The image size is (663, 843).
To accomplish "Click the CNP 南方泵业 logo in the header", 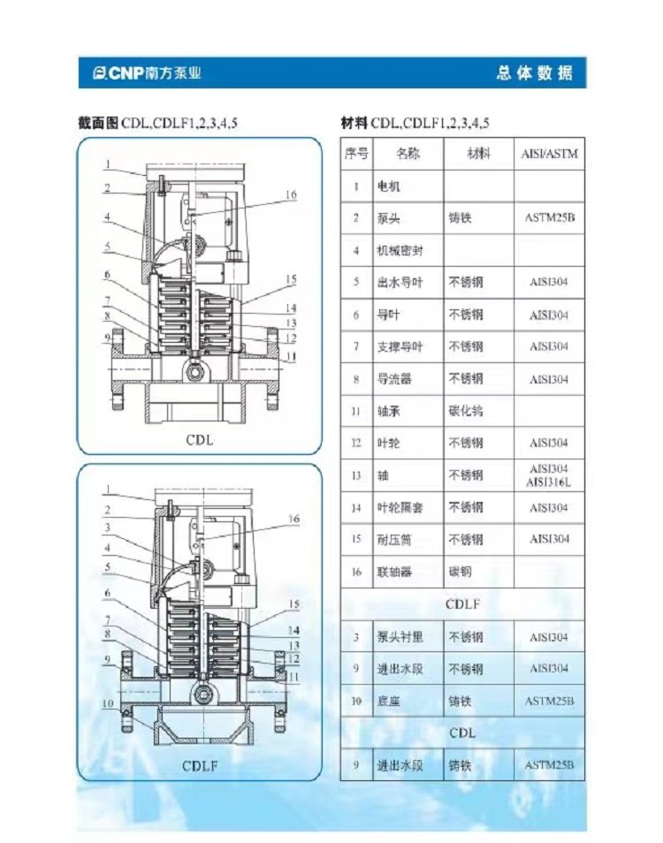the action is click(x=146, y=72).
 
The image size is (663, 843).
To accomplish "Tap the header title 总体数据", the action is click(x=535, y=72).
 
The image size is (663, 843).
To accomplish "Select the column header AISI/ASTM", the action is click(x=549, y=154).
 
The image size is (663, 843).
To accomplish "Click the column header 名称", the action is click(x=408, y=154).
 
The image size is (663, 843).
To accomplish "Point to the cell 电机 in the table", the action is click(x=388, y=186).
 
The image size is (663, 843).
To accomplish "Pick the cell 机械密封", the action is click(x=400, y=250).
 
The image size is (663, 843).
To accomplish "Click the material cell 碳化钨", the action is click(x=466, y=411).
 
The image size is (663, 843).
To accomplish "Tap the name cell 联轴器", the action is click(x=394, y=572).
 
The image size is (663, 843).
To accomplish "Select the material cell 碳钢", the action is click(x=460, y=572).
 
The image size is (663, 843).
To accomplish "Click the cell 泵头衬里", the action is click(x=400, y=636).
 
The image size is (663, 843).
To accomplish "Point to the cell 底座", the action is click(x=388, y=701).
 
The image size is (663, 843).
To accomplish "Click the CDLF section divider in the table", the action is click(x=462, y=604).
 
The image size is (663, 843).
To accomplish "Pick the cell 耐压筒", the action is click(x=394, y=539).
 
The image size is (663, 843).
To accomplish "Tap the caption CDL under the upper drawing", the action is click(x=200, y=440).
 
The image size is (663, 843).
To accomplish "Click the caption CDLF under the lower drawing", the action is click(x=200, y=765).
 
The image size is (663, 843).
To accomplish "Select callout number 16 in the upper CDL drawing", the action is click(x=291, y=194).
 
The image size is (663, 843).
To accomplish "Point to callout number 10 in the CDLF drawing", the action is click(x=108, y=703).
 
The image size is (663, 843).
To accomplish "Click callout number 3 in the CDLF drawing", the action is click(x=108, y=528).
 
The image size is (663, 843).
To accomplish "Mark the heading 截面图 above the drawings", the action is click(x=98, y=123).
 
